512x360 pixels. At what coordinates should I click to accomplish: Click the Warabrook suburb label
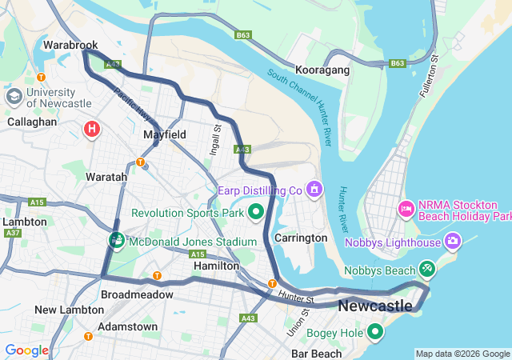point(70,46)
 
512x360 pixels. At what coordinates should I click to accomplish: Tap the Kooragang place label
point(322,71)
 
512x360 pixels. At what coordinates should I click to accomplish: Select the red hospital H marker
point(92,128)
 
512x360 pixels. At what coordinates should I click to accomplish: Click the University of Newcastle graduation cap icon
point(14,97)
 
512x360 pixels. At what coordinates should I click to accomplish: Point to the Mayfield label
point(165,135)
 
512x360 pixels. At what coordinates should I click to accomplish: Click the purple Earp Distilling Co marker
point(314,190)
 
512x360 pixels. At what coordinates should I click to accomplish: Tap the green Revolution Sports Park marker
point(256,212)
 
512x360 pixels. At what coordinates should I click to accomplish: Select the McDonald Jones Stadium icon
point(117,240)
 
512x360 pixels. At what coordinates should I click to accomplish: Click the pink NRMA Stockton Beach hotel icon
point(406,210)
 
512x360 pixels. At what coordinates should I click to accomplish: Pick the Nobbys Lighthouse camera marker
point(454,241)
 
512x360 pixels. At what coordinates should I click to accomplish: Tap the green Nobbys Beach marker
point(426,270)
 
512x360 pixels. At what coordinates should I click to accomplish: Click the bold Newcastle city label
point(375,306)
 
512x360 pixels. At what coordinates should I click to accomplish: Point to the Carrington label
point(301,238)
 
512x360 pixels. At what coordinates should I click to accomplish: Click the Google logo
point(26,350)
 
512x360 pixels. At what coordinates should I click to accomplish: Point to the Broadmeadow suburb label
point(137,294)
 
